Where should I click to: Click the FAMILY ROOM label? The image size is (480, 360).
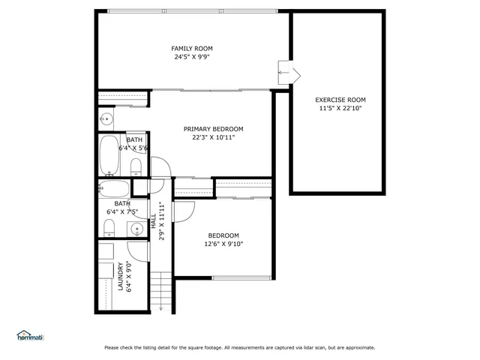187,48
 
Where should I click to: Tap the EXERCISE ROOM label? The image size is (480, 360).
340,99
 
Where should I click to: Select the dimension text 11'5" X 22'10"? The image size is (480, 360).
340,108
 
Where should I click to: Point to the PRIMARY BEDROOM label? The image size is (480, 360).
213,129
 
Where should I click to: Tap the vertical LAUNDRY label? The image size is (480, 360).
120,276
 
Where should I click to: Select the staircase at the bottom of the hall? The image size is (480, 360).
162,292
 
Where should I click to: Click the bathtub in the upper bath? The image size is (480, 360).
109,154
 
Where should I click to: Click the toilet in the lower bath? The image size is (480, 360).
109,227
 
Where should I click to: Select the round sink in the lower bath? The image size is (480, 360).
136,229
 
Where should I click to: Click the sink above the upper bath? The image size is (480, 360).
106,118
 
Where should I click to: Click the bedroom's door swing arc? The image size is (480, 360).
180,211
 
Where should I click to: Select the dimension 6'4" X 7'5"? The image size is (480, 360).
121,212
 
